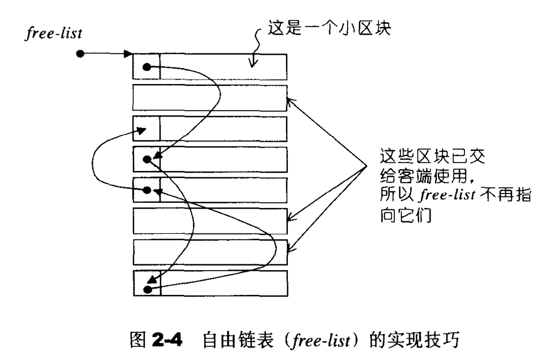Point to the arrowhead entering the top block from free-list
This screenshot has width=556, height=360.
coord(128,55)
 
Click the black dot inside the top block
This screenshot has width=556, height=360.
coord(147,67)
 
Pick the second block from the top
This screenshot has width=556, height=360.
coord(210,97)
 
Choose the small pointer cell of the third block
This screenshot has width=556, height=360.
coord(146,128)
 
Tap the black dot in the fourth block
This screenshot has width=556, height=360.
coord(148,158)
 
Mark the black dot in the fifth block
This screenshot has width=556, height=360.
coord(148,190)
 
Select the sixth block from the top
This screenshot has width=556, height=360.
coord(210,220)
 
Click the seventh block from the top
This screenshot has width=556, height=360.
coord(210,251)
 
